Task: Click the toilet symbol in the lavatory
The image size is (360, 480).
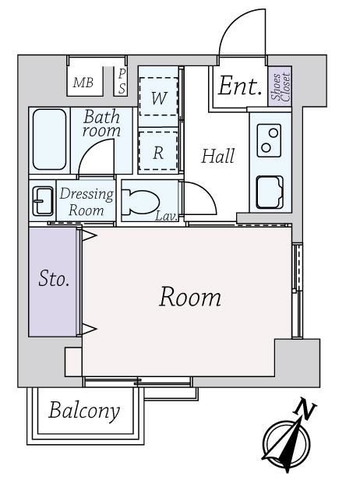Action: coord(140,203)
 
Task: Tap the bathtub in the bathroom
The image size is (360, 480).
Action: coord(49,139)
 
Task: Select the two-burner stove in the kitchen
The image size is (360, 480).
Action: coord(269,140)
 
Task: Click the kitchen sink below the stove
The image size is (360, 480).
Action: coord(270,192)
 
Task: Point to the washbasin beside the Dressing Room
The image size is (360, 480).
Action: coord(43,201)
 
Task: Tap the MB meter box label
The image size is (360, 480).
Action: coord(83,83)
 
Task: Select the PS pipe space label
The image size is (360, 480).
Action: coord(122,81)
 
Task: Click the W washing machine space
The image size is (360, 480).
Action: coord(159,97)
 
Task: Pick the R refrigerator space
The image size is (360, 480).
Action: coord(158,151)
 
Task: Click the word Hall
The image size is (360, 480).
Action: coord(218,156)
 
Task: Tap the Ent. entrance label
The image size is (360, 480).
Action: coord(240,86)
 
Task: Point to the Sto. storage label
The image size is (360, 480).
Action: coord(54,279)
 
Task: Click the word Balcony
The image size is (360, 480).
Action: coord(84,411)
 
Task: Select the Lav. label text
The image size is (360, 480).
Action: coord(167,217)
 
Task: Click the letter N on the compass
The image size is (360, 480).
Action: coord(305,408)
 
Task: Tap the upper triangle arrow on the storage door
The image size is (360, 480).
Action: coord(89,235)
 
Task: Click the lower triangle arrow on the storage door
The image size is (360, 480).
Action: coord(89,329)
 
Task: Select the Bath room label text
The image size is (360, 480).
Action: coord(101,123)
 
